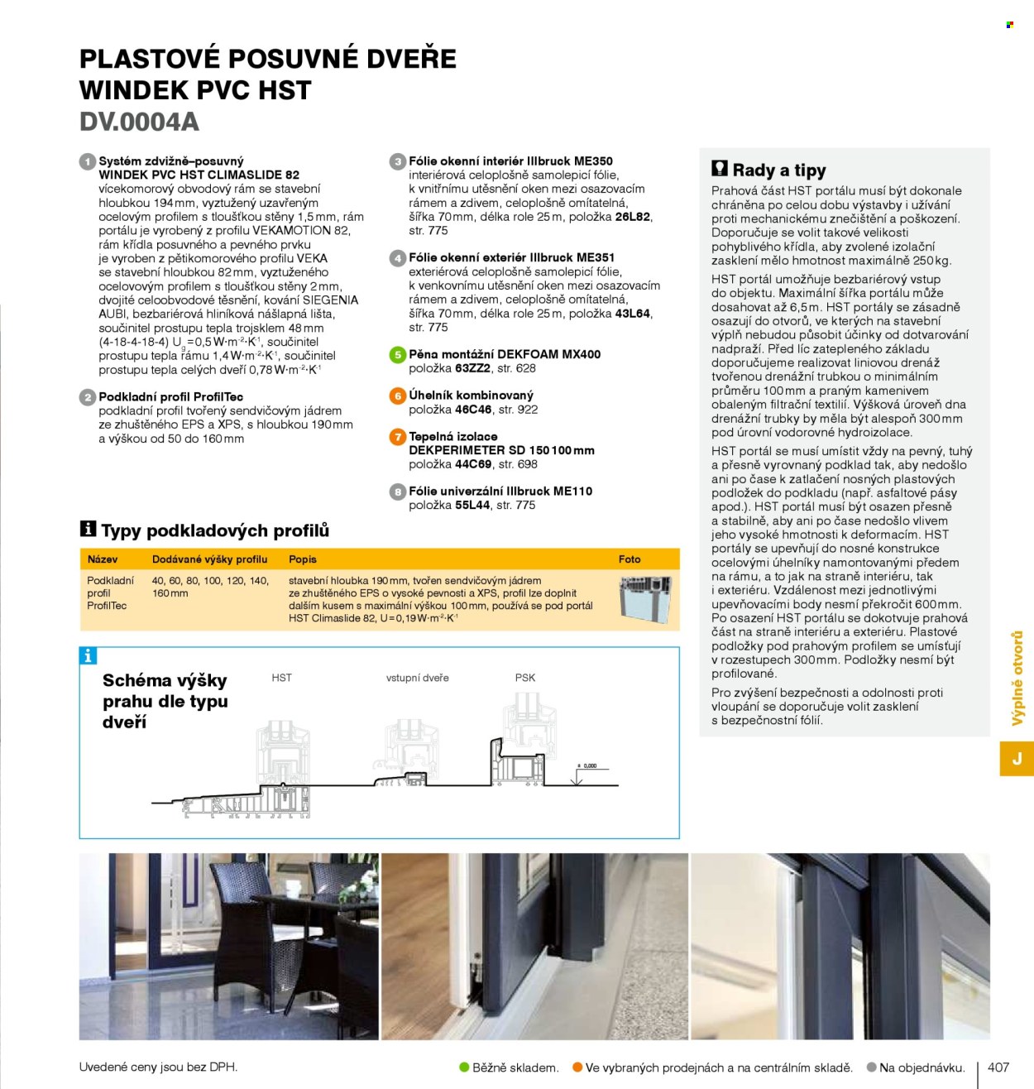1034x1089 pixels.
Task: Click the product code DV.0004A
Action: tap(139, 122)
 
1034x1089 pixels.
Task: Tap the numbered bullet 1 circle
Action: tap(88, 161)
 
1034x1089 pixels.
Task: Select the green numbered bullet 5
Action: tap(398, 354)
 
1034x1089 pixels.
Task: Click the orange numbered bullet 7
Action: tap(398, 436)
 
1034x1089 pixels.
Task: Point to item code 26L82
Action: tap(633, 217)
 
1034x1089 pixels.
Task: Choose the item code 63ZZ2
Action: tap(472, 368)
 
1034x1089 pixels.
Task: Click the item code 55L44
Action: tap(472, 505)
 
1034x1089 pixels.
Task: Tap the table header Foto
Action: tap(629, 559)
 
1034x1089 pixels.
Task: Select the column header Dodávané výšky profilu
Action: tap(209, 559)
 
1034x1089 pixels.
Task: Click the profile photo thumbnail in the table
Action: tap(645, 599)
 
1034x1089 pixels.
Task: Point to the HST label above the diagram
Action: tap(281, 678)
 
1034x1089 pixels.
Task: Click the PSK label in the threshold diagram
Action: tap(525, 678)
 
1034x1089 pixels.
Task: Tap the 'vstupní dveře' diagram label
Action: tap(418, 678)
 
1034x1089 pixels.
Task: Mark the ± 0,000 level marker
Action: tap(587, 766)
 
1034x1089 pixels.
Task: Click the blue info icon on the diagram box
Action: tap(88, 656)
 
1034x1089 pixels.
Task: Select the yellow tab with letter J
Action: tap(1017, 758)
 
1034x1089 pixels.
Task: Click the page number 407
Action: tap(998, 1067)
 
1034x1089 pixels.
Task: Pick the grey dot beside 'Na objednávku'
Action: tap(872, 1067)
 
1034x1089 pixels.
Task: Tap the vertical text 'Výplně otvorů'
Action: tap(1017, 678)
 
